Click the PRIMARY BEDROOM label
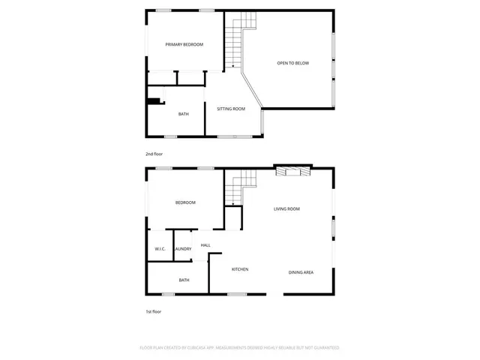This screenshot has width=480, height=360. pyautogui.click(x=184, y=45)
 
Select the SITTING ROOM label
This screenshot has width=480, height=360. pyautogui.click(x=231, y=109)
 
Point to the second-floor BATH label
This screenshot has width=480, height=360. pyautogui.click(x=183, y=114)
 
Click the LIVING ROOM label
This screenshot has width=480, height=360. pyautogui.click(x=286, y=209)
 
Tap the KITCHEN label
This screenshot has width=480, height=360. pyautogui.click(x=240, y=269)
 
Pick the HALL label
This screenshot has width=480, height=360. pyautogui.click(x=205, y=244)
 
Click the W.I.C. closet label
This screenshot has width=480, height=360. pyautogui.click(x=160, y=249)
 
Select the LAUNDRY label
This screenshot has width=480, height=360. pyautogui.click(x=183, y=249)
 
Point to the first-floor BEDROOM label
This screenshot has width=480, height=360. pyautogui.click(x=185, y=202)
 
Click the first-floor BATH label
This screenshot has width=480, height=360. pyautogui.click(x=184, y=280)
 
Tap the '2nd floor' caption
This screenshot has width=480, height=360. pyautogui.click(x=154, y=154)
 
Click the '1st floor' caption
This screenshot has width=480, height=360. pyautogui.click(x=153, y=311)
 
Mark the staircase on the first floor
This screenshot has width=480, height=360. pyautogui.click(x=240, y=187)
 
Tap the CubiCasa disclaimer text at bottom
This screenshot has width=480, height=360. pyautogui.click(x=240, y=348)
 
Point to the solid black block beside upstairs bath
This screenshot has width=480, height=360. pyautogui.click(x=154, y=101)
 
